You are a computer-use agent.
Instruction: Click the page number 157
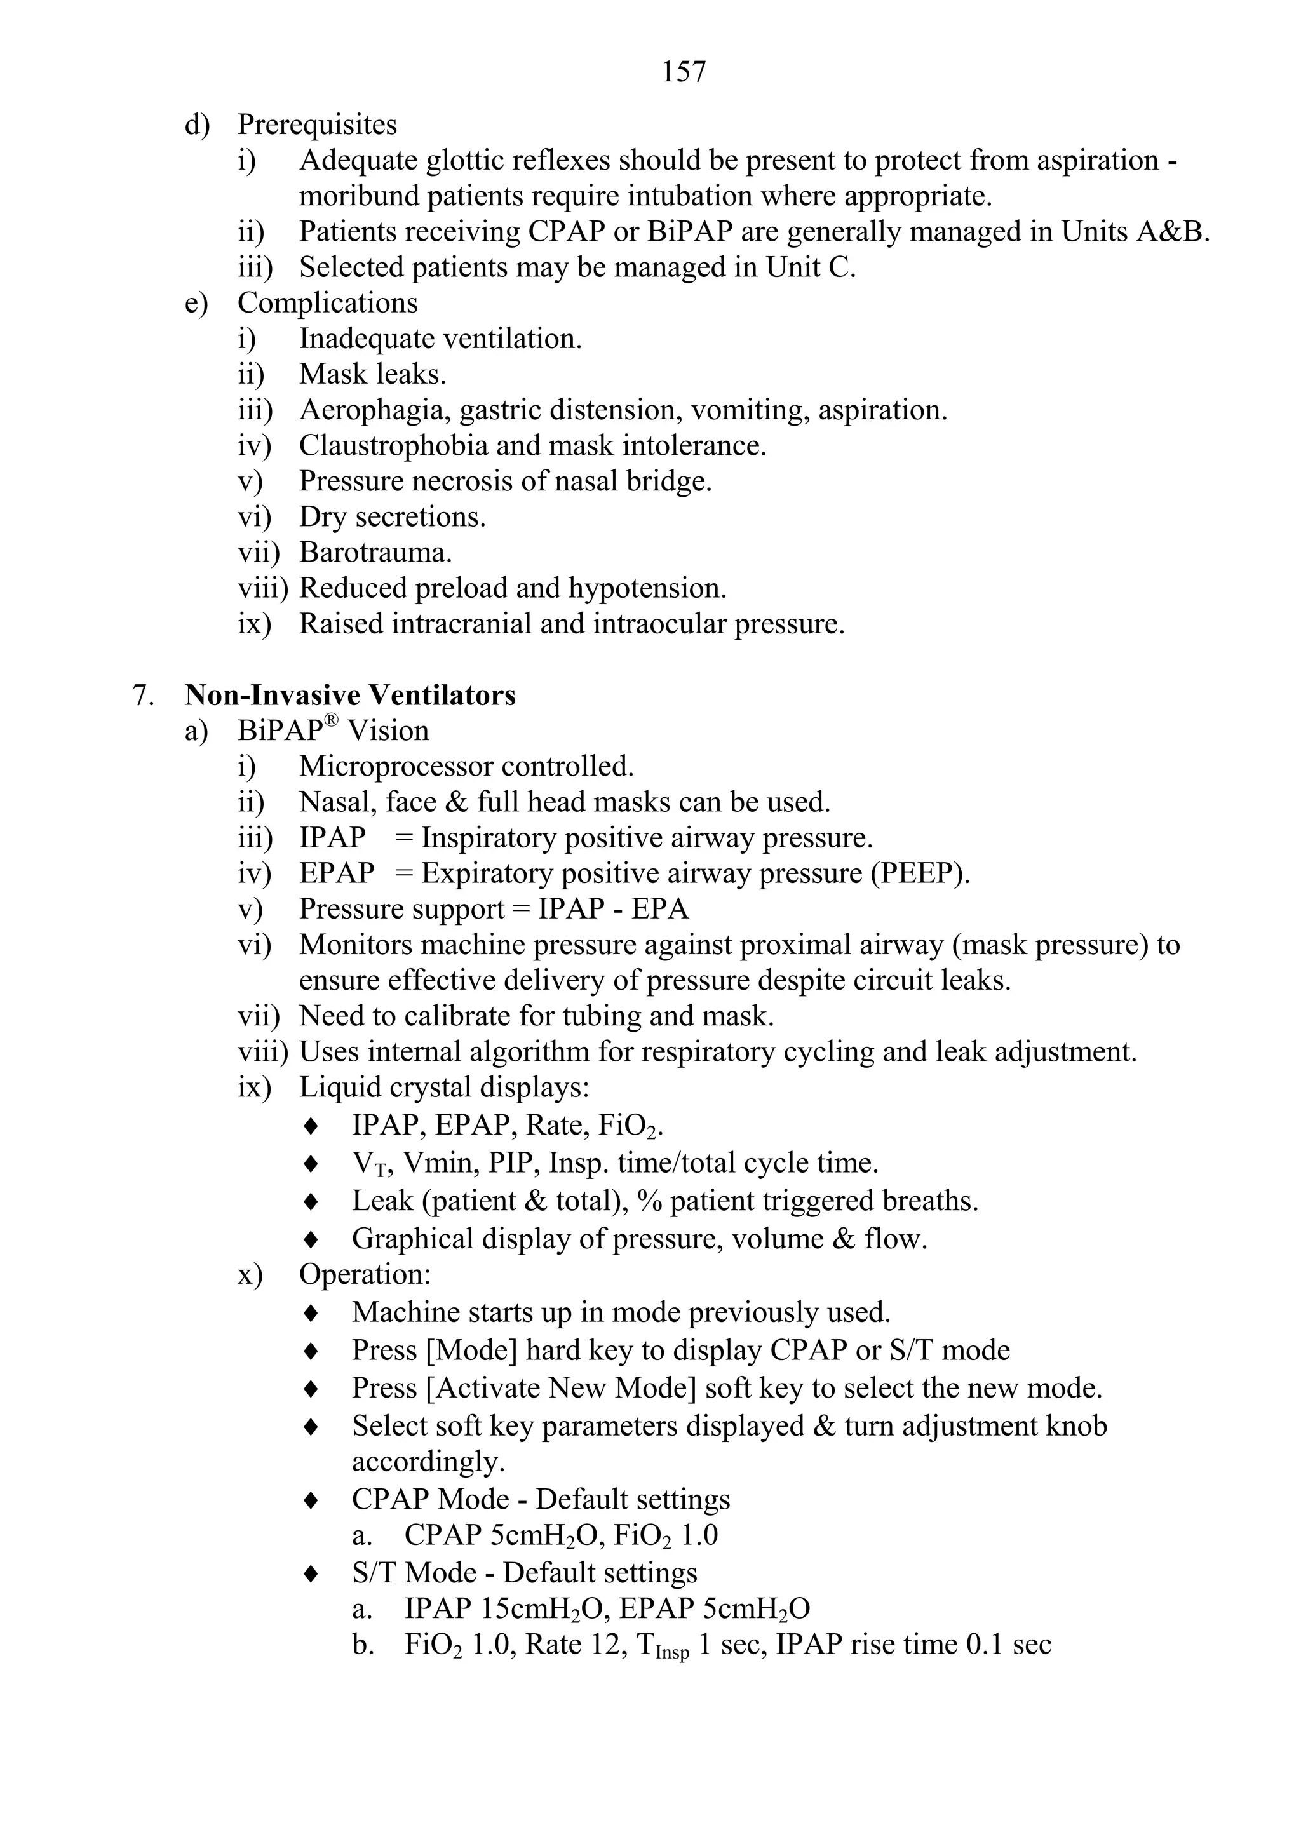[684, 72]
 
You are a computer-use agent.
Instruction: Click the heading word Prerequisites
[317, 125]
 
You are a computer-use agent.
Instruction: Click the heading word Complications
[327, 303]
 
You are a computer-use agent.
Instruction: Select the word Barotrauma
[375, 553]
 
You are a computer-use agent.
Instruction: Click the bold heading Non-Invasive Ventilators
[350, 695]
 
